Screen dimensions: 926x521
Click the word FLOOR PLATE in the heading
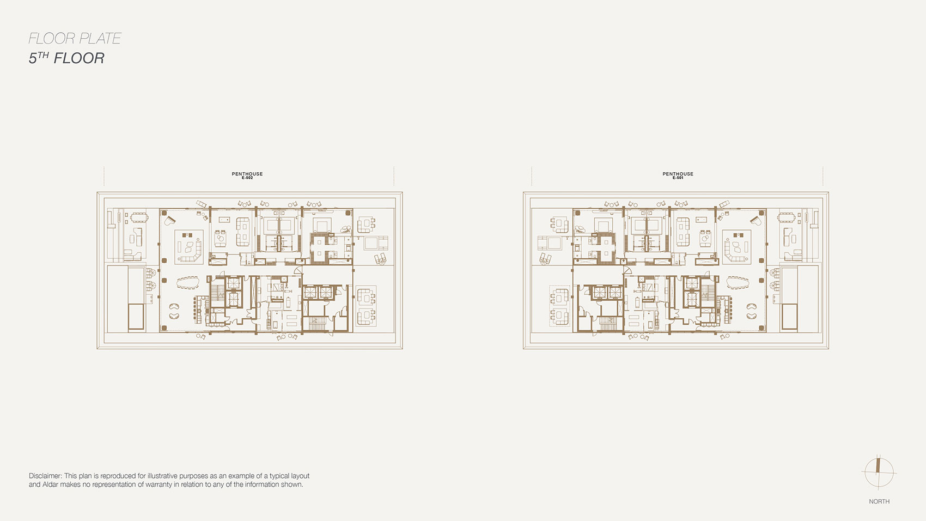point(75,39)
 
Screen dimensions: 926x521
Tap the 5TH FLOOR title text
point(66,58)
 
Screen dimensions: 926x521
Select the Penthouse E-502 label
point(247,175)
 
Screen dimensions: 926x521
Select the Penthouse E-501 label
point(678,175)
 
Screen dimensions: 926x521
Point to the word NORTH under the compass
point(879,501)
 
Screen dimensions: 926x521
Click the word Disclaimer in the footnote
point(45,476)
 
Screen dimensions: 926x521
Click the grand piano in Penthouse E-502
point(170,220)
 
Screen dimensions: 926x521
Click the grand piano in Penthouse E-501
point(756,220)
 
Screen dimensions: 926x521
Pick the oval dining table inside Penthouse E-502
point(188,283)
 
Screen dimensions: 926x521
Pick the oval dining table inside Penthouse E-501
point(738,283)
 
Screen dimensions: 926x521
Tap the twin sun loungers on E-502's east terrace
point(380,259)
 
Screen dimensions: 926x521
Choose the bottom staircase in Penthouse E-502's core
point(318,324)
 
